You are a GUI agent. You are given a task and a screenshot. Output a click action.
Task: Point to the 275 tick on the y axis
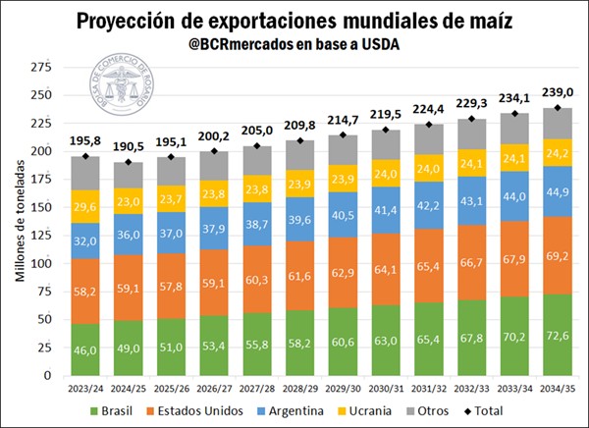(40, 67)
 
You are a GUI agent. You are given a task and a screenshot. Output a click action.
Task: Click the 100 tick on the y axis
(40, 264)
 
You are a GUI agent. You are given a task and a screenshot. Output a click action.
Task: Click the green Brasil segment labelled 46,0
(85, 349)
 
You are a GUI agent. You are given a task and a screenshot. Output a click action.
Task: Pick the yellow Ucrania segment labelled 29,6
(85, 207)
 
